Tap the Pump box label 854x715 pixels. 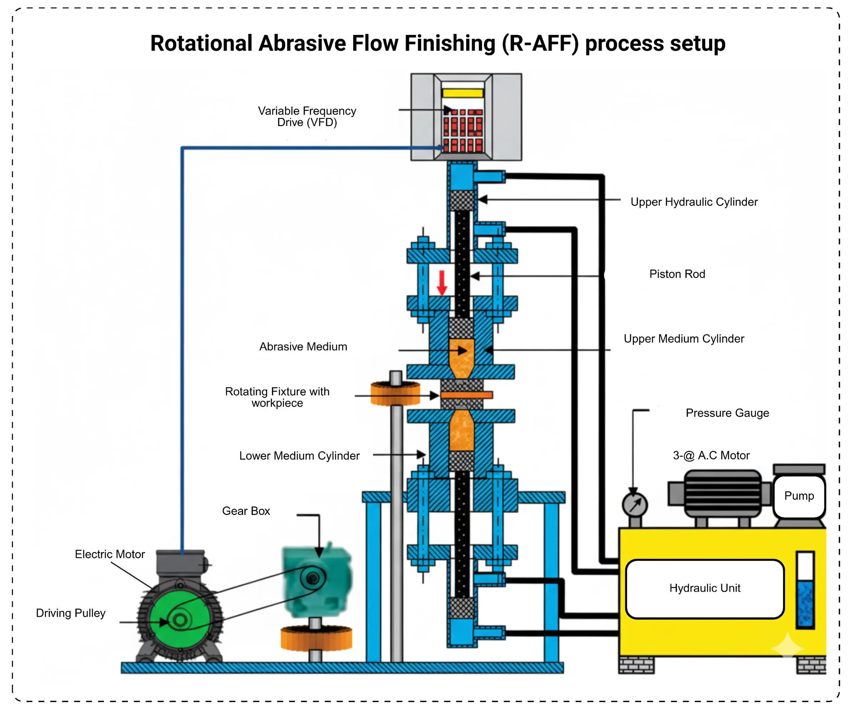pyautogui.click(x=799, y=496)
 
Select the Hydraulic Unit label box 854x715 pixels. pyautogui.click(x=705, y=589)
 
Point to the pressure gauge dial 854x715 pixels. pyautogui.click(x=634, y=505)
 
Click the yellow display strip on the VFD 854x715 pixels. pyautogui.click(x=463, y=93)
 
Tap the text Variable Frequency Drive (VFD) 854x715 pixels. pyautogui.click(x=307, y=117)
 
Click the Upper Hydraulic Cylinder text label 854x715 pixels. pyautogui.click(x=694, y=202)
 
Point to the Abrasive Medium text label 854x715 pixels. pyautogui.click(x=303, y=347)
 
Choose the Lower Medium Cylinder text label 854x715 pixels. pyautogui.click(x=299, y=456)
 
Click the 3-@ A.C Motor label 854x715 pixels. pyautogui.click(x=711, y=455)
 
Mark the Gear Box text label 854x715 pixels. pyautogui.click(x=246, y=511)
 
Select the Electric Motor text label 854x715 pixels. pyautogui.click(x=110, y=554)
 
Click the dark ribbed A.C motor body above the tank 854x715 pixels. pyautogui.click(x=723, y=493)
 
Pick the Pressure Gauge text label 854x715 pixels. pyautogui.click(x=727, y=413)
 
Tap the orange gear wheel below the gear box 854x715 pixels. pyautogui.click(x=316, y=638)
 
